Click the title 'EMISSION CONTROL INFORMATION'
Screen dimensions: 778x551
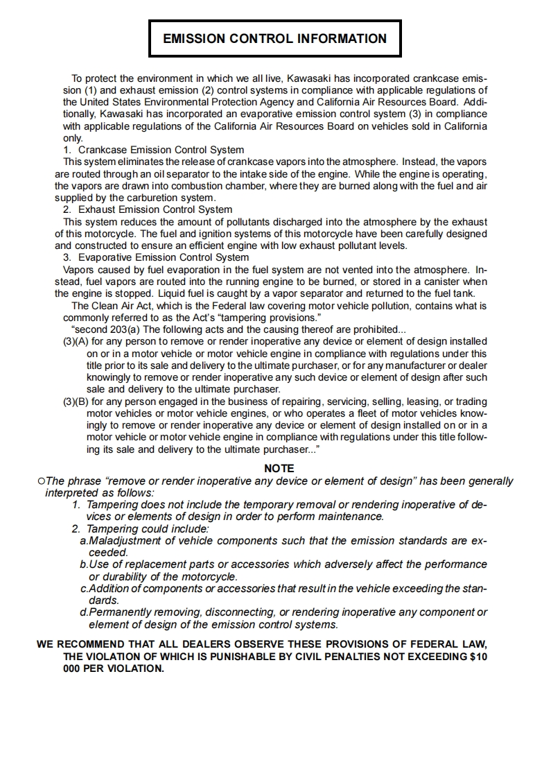point(274,39)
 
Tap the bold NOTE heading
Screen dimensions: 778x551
point(279,469)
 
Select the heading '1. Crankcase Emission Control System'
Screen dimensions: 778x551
point(153,150)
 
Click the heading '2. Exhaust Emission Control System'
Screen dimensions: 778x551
point(148,209)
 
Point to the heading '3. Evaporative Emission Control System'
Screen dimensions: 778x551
point(156,257)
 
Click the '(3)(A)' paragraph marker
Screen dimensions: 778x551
point(76,342)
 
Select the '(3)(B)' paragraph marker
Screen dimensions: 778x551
point(76,401)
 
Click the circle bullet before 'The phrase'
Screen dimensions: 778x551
point(42,481)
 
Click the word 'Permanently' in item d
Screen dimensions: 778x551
point(121,612)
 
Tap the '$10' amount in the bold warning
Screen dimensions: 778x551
point(478,656)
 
